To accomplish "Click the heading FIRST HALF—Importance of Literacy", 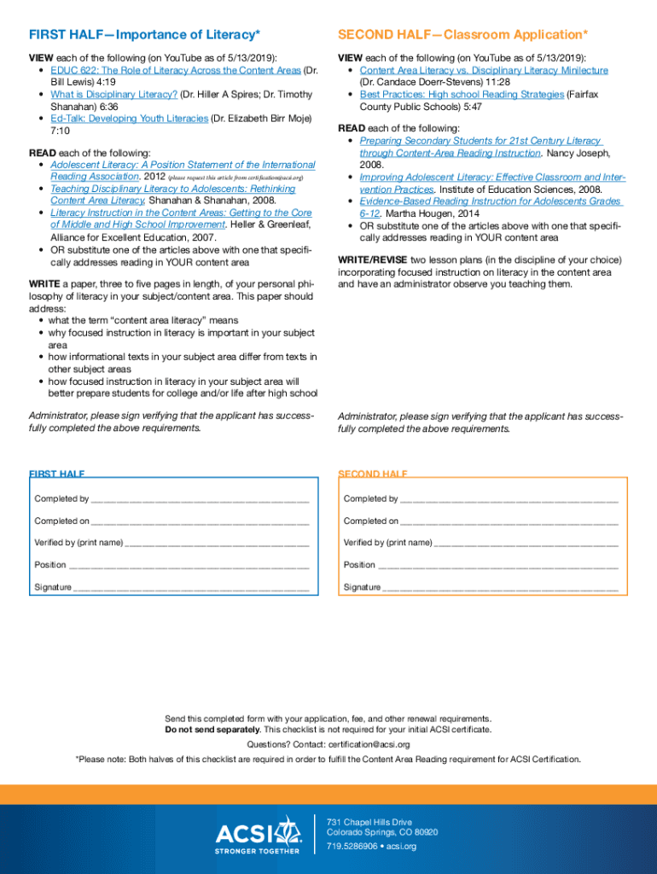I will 144,35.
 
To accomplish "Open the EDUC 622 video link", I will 175,71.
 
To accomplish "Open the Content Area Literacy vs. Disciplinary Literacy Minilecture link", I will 484,71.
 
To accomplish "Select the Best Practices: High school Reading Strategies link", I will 462,95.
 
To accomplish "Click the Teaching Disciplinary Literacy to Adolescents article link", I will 172,189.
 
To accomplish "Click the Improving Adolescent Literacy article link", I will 492,178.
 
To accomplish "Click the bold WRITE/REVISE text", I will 373,259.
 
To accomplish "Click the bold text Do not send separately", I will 212,730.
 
